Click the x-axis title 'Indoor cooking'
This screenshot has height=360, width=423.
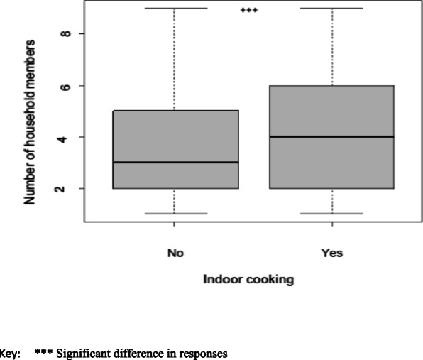point(248,280)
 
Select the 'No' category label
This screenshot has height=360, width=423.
point(174,251)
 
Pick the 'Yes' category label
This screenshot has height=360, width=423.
point(331,251)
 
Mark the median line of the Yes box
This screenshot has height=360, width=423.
point(331,136)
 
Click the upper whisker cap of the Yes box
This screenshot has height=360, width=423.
point(331,9)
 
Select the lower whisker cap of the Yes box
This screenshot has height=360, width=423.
point(331,214)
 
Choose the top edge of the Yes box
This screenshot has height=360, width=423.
point(331,86)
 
